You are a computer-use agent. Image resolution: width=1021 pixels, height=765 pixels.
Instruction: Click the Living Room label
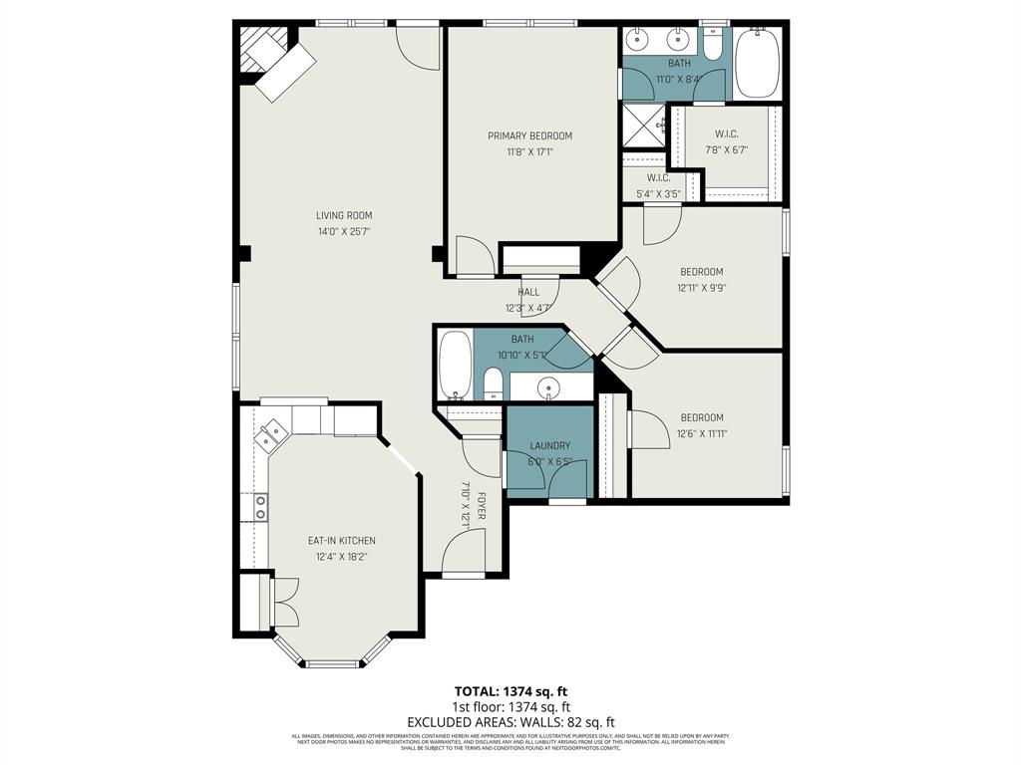344,215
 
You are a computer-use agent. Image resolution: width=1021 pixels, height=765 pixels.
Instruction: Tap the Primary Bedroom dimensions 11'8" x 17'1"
529,152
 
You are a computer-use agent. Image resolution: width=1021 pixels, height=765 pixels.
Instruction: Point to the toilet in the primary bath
713,45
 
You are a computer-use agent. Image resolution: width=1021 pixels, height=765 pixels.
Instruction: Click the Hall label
528,292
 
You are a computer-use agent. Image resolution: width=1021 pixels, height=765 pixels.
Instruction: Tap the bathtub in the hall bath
456,366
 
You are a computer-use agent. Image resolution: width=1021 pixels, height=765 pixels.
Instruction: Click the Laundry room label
550,446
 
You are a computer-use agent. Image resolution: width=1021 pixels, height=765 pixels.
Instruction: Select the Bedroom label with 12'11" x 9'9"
702,272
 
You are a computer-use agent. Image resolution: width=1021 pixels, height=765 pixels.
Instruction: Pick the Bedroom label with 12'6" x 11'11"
702,417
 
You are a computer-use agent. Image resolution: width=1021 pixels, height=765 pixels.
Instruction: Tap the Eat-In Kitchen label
342,541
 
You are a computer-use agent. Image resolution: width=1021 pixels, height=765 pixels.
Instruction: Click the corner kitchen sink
271,436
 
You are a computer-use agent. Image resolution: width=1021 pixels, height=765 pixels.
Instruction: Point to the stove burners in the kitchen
260,508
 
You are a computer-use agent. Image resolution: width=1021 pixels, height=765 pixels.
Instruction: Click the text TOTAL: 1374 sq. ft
510,691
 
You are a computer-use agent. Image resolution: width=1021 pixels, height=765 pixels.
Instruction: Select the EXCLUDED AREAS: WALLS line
510,722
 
